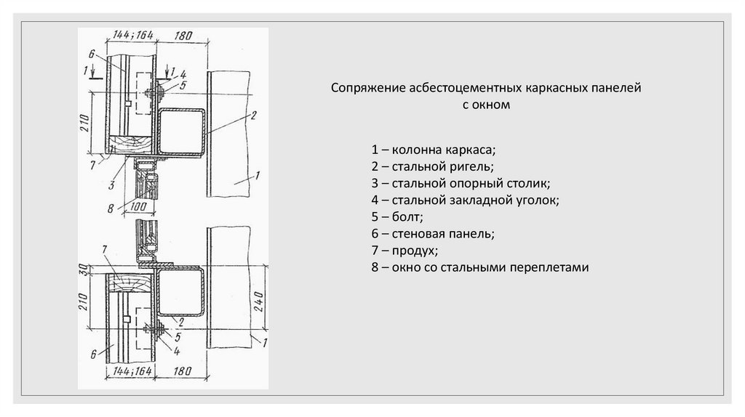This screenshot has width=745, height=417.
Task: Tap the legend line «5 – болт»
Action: [397, 217]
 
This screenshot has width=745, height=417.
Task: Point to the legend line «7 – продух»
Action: [404, 251]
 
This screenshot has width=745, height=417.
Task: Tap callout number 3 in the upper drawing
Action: [111, 185]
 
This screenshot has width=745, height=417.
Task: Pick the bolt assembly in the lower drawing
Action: [159, 331]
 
